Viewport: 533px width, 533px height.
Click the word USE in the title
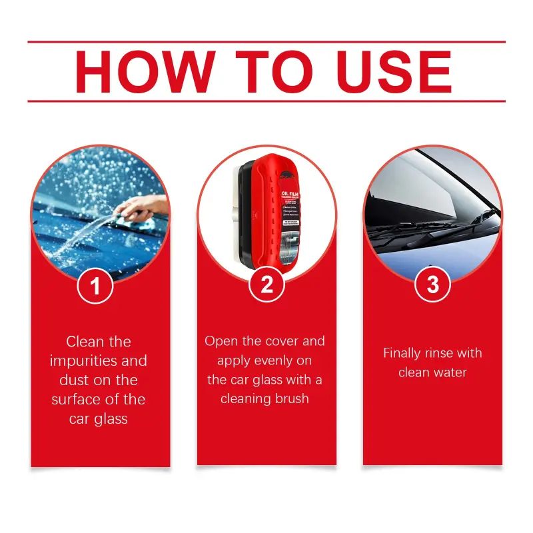pyautogui.click(x=389, y=71)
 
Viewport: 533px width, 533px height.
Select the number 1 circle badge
pyautogui.click(x=95, y=286)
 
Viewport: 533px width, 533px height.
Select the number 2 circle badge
pyautogui.click(x=266, y=286)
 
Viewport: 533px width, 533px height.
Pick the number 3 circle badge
pyautogui.click(x=432, y=286)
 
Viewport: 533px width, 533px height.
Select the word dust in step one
pyautogui.click(x=76, y=380)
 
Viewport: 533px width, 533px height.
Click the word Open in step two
pyautogui.click(x=221, y=341)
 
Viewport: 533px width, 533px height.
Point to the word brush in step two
pyautogui.click(x=291, y=399)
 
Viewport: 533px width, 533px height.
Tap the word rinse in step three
pyautogui.click(x=444, y=353)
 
